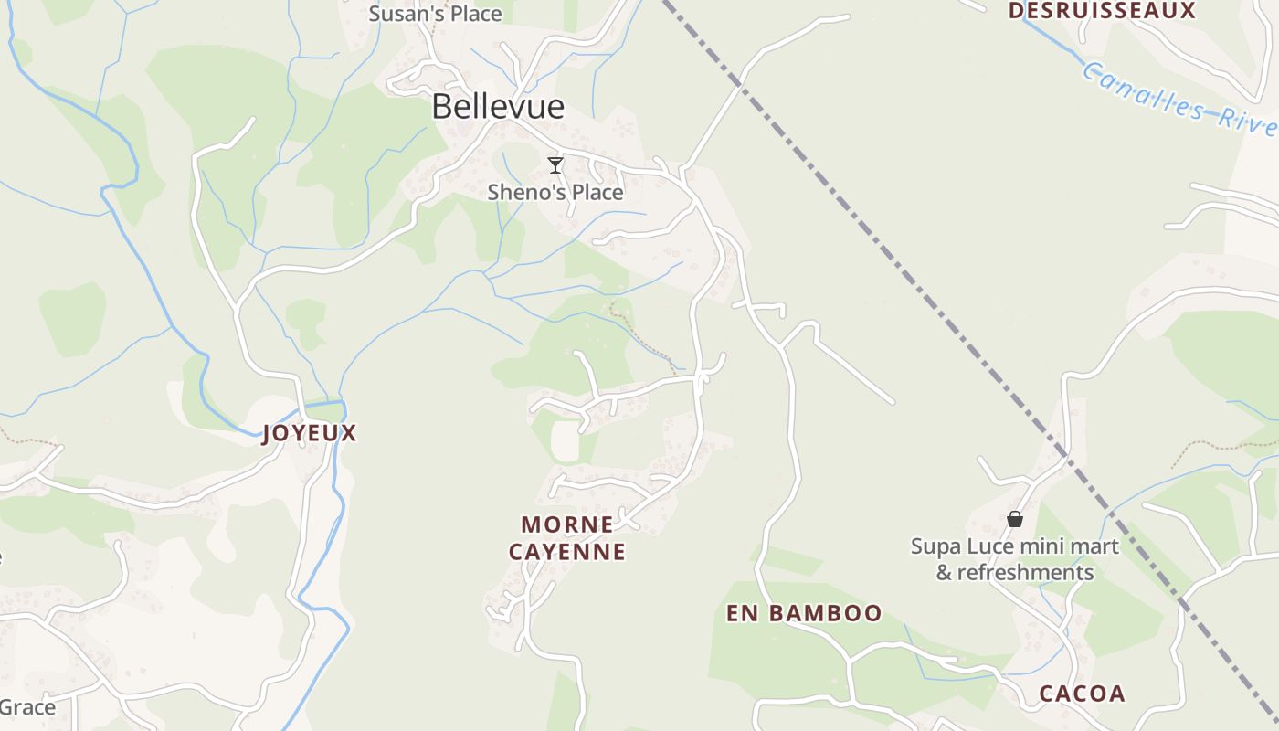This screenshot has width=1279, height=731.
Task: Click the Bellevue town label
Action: click(x=498, y=107)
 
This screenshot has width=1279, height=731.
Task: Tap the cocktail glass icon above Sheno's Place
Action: click(x=555, y=165)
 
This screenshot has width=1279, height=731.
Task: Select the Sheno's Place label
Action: click(x=555, y=192)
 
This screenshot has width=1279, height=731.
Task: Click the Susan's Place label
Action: click(x=435, y=14)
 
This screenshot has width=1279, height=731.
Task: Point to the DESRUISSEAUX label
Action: click(x=1102, y=11)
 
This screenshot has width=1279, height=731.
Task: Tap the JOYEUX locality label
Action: click(x=310, y=433)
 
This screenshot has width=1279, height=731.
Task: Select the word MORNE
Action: click(x=567, y=524)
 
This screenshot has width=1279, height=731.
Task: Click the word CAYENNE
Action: click(x=567, y=552)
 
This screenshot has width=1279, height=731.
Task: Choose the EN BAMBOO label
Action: click(x=804, y=613)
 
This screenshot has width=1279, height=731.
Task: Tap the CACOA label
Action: click(x=1082, y=694)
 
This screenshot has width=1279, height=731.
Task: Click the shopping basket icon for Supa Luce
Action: click(x=1015, y=519)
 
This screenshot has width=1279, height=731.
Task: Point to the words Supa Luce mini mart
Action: click(x=1015, y=546)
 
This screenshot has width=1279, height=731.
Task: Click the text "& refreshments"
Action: click(x=1015, y=573)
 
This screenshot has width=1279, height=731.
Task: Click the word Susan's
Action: click(x=401, y=14)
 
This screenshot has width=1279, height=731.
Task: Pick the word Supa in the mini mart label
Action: click(x=935, y=546)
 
